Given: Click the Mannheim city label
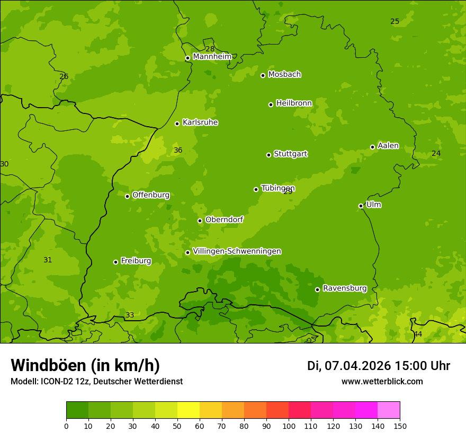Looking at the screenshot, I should click(212, 57).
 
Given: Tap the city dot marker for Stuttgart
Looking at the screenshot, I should click(268, 155).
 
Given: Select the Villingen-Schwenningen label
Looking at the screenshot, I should click(237, 251).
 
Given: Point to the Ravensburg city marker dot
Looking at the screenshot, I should click(317, 289).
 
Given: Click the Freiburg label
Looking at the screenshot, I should click(136, 261).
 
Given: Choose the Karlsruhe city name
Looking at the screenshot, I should click(200, 122).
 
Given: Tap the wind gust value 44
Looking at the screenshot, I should click(418, 334).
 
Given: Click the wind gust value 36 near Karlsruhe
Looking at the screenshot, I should click(178, 151).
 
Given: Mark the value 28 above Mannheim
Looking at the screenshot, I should click(210, 49).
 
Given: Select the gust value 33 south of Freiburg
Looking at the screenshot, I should click(130, 315).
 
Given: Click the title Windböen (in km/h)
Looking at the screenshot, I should click(85, 365).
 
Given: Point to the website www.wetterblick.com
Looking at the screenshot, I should click(382, 381).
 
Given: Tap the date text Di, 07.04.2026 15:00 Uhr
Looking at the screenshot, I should click(378, 366).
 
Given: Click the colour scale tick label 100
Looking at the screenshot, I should click(289, 426).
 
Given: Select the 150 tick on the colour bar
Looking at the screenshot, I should click(400, 426).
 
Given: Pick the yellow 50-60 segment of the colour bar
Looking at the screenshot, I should click(189, 410).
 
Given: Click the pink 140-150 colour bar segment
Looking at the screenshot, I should click(389, 410).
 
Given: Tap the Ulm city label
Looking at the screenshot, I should click(373, 205).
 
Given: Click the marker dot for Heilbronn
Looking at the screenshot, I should click(271, 104).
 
